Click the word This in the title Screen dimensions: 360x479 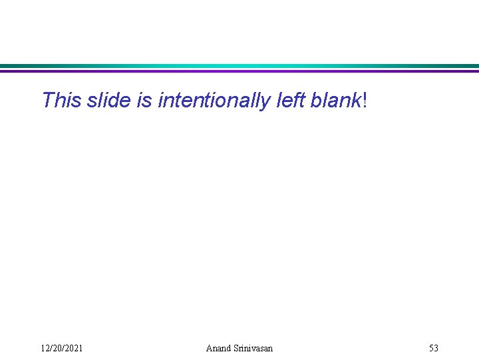pyautogui.click(x=62, y=101)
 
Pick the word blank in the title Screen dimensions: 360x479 pyautogui.click(x=339, y=101)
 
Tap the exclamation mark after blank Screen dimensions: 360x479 pyautogui.click(x=365, y=101)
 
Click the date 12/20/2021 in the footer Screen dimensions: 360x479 pyautogui.click(x=62, y=348)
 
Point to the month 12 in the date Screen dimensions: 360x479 pyautogui.click(x=45, y=348)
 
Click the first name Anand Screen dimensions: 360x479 pyautogui.click(x=218, y=348)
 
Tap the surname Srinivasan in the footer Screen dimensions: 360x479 pyautogui.click(x=253, y=348)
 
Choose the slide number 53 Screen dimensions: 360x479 pyautogui.click(x=434, y=348)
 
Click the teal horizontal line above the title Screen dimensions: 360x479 pyautogui.click(x=239, y=66)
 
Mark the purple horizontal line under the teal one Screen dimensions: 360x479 pyautogui.click(x=239, y=71)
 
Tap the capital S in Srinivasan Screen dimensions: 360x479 pyautogui.click(x=236, y=348)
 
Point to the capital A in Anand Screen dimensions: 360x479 pyautogui.click(x=210, y=348)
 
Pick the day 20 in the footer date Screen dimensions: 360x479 pyautogui.click(x=56, y=348)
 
